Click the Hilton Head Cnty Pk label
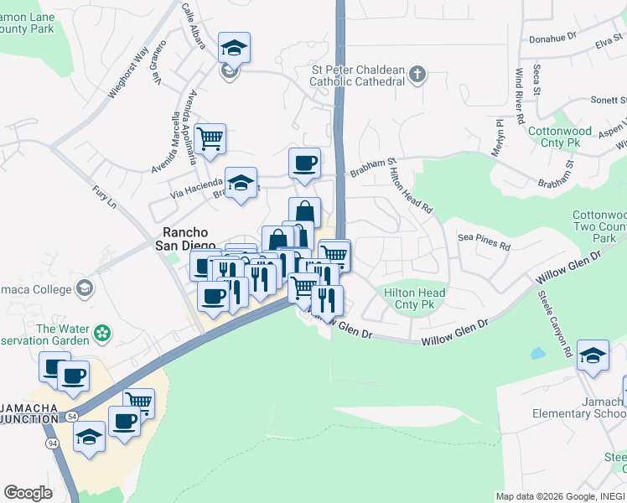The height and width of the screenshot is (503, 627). tap(414, 298)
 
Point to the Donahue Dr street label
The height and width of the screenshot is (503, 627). tap(554, 38)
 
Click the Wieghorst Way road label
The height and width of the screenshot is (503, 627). tap(127, 75)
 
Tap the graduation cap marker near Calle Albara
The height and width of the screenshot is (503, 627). tap(235, 47)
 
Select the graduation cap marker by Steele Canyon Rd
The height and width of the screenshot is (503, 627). tap(593, 355)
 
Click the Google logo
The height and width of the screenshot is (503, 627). tap(28, 493)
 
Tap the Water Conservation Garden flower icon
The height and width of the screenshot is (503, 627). tap(103, 334)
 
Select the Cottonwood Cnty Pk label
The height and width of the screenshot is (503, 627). tap(560, 137)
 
